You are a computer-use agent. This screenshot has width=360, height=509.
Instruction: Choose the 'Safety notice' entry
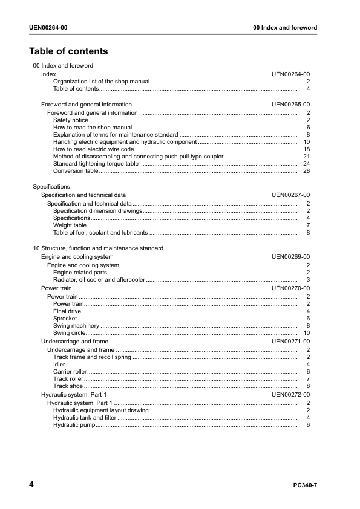70,120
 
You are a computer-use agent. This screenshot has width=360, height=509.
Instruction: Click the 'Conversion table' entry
76,171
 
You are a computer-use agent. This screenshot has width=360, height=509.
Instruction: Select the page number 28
306,171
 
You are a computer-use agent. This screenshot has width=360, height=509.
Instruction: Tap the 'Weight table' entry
70,225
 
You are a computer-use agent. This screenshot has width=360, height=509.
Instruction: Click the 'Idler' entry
59,365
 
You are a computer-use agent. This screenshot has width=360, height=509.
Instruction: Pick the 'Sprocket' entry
65,319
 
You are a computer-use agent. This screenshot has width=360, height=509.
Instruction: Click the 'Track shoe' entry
68,386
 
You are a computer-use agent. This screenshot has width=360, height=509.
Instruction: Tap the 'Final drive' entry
67,311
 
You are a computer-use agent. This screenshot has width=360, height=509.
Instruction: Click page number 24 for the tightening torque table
306,164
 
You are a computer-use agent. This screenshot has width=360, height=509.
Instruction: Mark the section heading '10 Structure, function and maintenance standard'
97,248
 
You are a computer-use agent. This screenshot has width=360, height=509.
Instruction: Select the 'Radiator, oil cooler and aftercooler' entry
99,280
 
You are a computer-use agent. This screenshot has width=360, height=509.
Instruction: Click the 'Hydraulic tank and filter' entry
85,418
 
